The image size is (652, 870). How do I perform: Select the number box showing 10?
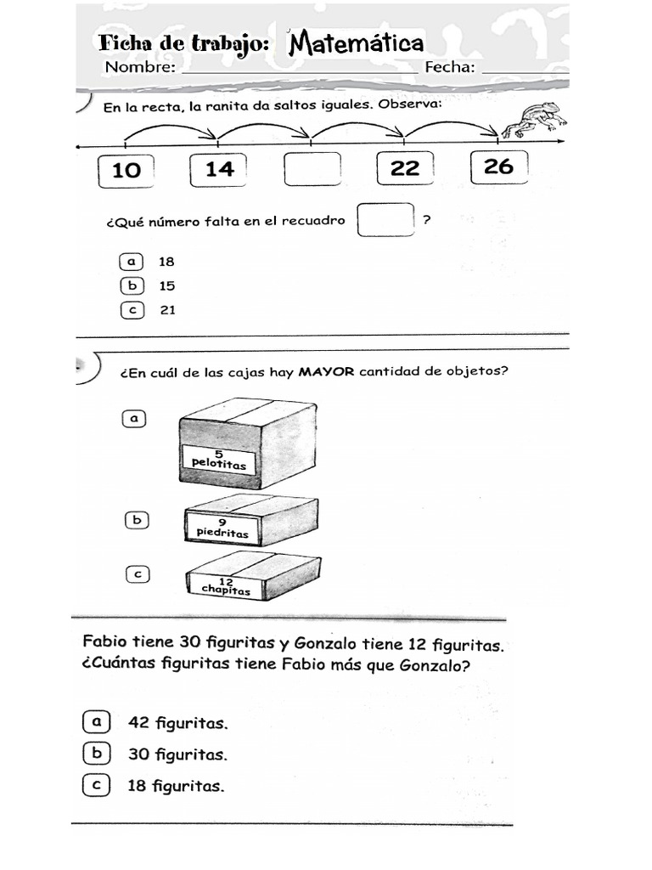pos(126,169)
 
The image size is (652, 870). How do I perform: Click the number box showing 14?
pos(219,168)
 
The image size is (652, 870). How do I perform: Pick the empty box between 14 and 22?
pos(312,168)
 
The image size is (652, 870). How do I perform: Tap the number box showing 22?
pos(405,167)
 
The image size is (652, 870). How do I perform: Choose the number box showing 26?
pos(498,166)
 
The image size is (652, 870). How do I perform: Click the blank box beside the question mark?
pos(386,220)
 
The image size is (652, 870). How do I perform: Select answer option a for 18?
pos(131,262)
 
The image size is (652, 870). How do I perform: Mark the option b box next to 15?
pos(131,286)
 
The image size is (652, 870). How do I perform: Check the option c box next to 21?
pos(131,310)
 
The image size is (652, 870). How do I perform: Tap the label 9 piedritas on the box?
pos(222,528)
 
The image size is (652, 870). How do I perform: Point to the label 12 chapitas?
pos(226,585)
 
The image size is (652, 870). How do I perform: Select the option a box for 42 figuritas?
pos(96,722)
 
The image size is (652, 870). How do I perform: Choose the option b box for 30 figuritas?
pos(96,754)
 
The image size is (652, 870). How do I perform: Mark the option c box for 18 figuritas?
pos(96,786)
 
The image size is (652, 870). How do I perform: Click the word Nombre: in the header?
pos(140,68)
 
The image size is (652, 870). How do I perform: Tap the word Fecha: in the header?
pos(450,68)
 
